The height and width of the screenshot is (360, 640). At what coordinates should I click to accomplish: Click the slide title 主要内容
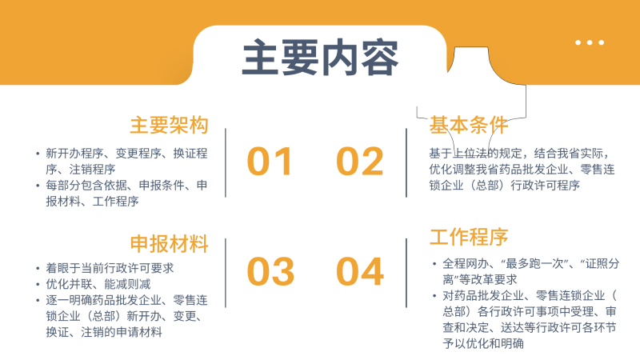[x=320, y=58]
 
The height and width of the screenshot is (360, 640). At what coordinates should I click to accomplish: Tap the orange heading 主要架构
[x=169, y=126]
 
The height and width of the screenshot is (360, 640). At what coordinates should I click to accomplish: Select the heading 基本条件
[x=469, y=126]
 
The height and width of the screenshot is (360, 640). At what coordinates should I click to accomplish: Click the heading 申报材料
[x=169, y=243]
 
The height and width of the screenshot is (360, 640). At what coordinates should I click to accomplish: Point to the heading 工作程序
[x=469, y=238]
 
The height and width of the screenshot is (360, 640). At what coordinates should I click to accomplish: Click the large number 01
[x=270, y=162]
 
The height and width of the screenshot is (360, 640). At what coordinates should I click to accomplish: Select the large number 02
[x=360, y=162]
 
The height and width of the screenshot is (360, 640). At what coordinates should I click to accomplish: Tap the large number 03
[x=270, y=272]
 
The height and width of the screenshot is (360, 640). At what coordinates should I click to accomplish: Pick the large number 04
[x=360, y=272]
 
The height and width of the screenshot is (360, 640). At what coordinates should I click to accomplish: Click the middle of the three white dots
[x=590, y=42]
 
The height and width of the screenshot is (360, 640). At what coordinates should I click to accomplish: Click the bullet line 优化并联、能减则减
[x=98, y=284]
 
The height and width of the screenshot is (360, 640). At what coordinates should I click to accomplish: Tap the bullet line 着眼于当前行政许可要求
[x=110, y=268]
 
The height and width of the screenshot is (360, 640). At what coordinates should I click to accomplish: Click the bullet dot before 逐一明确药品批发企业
[x=37, y=300]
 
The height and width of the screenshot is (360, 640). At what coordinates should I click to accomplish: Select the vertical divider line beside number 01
[x=226, y=162]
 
